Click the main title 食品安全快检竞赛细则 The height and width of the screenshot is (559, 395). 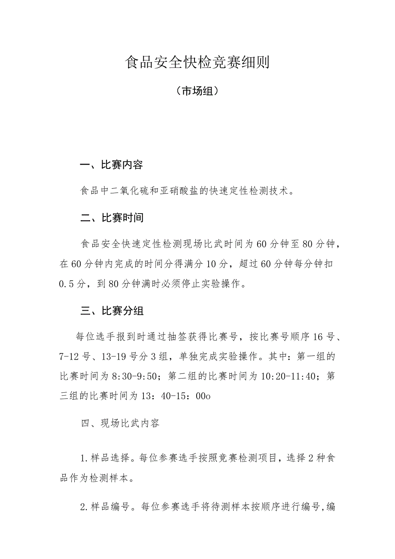coord(197,62)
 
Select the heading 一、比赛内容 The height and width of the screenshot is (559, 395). coord(112,165)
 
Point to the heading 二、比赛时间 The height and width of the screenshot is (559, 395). coord(112,218)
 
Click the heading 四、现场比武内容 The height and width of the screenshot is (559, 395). coord(120,423)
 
